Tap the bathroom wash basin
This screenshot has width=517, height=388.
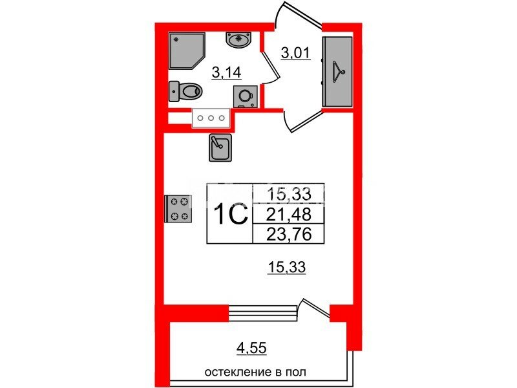[x=238, y=39]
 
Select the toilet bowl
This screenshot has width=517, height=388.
[x=185, y=91]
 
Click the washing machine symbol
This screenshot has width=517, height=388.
[x=245, y=96]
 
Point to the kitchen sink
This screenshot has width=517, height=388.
[x=220, y=147]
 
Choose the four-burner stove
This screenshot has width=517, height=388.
[x=178, y=208]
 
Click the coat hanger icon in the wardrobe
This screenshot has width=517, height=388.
[x=337, y=72]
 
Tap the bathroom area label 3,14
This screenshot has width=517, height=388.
[x=227, y=72]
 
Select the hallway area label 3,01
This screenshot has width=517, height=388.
[x=296, y=53]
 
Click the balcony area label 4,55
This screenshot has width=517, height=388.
[x=251, y=348]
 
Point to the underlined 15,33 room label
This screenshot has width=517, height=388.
[x=286, y=266]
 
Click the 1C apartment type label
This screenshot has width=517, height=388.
[x=231, y=213]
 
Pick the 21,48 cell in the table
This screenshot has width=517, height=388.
[x=288, y=215]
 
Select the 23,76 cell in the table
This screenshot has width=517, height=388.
[x=288, y=234]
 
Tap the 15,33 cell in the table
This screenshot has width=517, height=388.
[x=288, y=194]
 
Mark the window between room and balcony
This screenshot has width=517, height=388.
[x=263, y=312]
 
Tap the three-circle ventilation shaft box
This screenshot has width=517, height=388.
[x=211, y=118]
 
